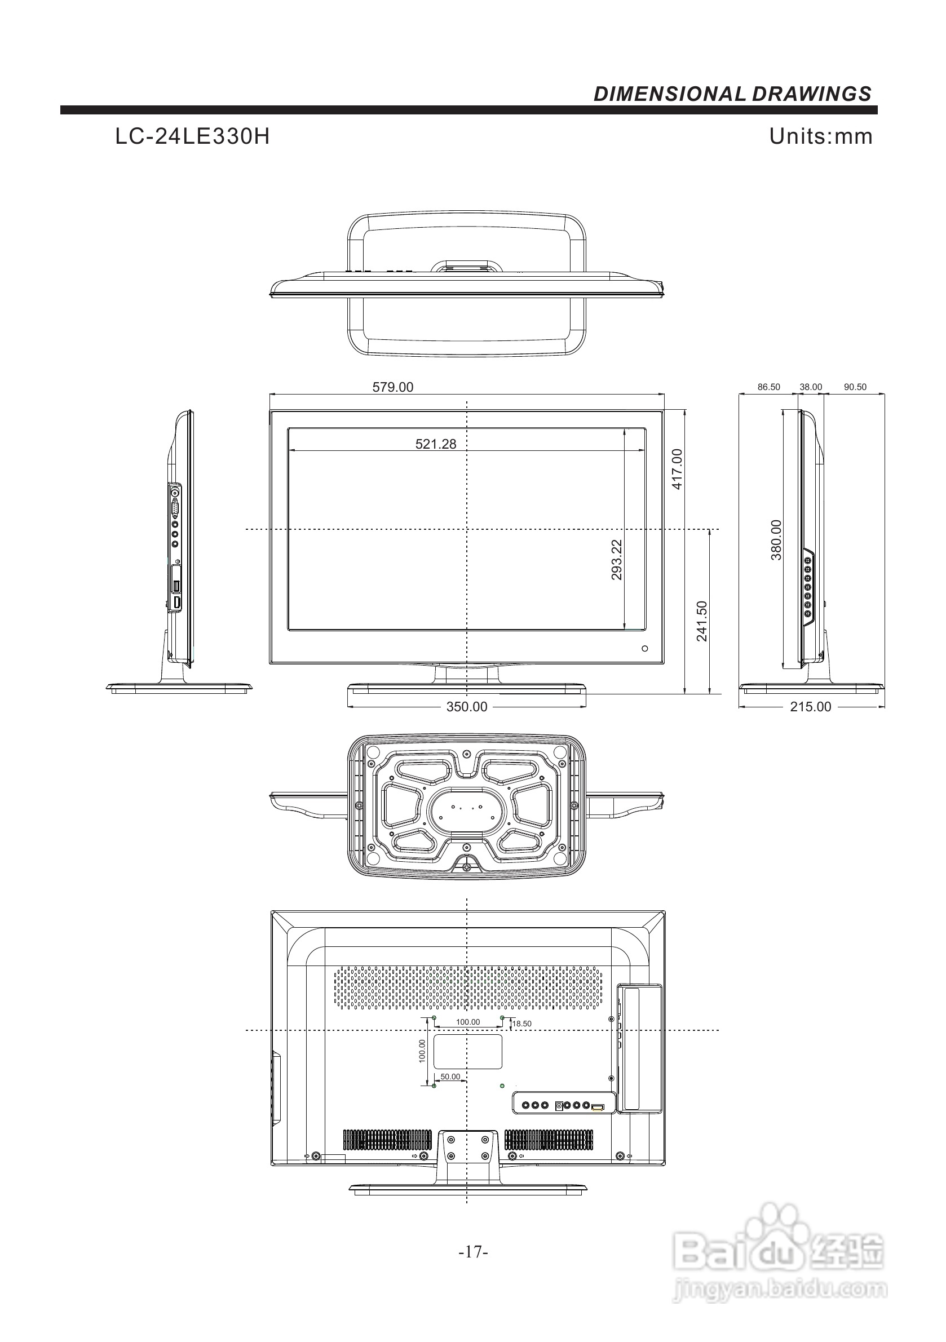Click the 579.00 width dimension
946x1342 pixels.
click(392, 387)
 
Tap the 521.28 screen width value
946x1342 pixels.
click(436, 444)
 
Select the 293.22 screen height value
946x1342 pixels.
click(617, 559)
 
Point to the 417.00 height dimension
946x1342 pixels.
click(677, 469)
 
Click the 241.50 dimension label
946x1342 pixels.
click(702, 621)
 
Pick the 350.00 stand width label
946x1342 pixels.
click(467, 707)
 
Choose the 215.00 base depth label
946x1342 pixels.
click(810, 707)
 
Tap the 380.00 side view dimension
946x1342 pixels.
click(776, 540)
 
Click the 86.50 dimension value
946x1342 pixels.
click(769, 387)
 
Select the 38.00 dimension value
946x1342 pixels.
click(811, 387)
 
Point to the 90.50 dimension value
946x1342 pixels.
click(855, 387)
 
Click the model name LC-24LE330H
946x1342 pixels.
click(192, 137)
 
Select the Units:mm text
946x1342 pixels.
click(820, 136)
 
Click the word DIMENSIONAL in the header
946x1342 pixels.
click(669, 94)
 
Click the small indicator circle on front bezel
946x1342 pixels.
click(645, 648)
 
